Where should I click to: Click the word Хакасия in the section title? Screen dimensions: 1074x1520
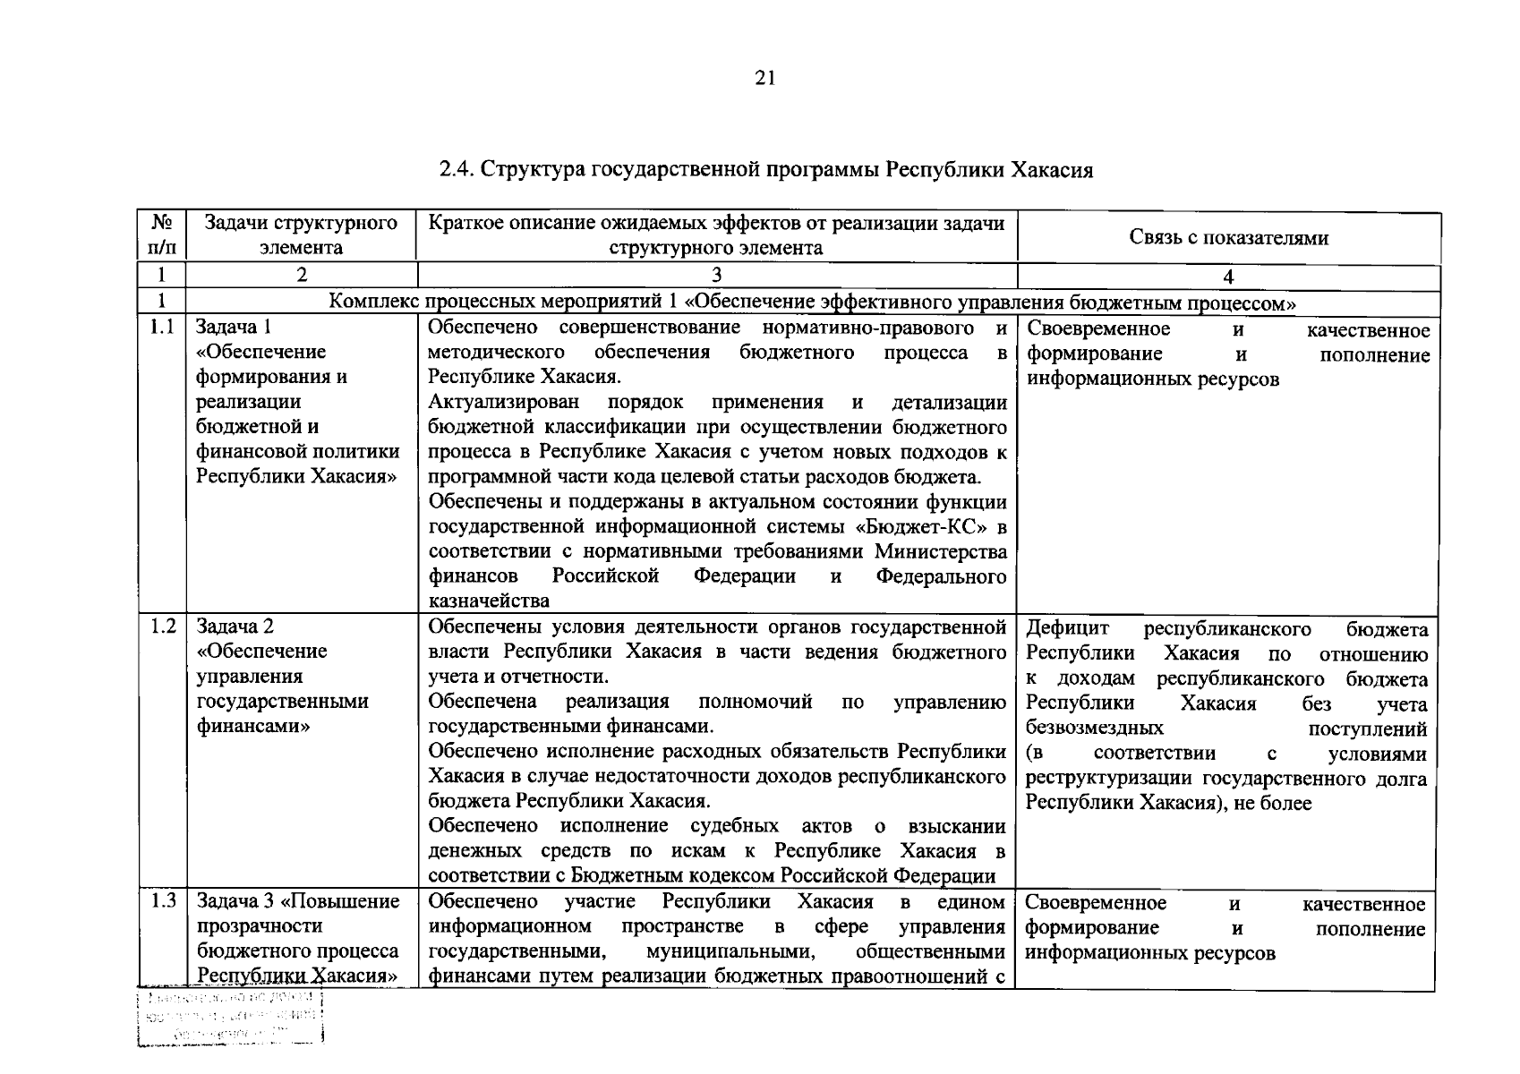tap(1052, 169)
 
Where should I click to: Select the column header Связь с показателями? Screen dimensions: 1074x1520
tap(1228, 237)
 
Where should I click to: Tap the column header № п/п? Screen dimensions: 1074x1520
tap(161, 235)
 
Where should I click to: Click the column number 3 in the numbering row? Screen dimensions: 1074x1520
tap(716, 275)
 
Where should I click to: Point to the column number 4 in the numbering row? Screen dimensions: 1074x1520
tap(1228, 277)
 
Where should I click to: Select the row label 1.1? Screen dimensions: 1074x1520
tap(162, 328)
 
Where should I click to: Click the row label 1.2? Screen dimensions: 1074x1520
tap(162, 626)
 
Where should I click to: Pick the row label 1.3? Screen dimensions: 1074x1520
tap(162, 900)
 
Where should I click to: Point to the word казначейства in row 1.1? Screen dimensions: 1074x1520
tap(489, 601)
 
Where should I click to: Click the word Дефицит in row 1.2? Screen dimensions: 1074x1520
tap(1067, 629)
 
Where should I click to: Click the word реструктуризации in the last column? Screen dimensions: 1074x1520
tap(1112, 779)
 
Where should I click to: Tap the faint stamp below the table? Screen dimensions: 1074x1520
tap(230, 1018)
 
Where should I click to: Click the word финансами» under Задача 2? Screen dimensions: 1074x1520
tap(253, 726)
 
